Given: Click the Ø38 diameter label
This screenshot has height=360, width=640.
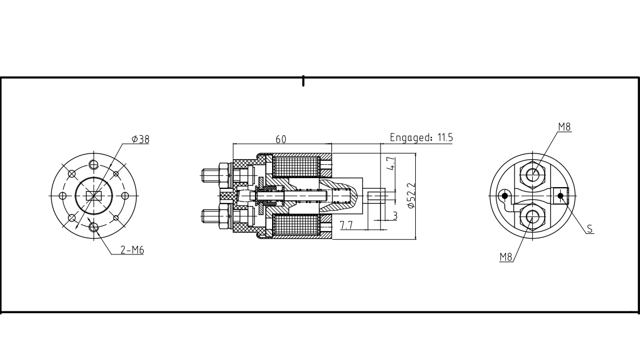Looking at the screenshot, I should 140,139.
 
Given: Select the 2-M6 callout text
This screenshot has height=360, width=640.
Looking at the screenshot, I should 132,249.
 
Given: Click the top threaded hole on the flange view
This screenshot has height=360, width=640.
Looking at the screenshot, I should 94,164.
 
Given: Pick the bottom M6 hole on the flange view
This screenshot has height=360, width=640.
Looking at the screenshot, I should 94,228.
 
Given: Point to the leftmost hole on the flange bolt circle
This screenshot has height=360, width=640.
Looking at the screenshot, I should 63,196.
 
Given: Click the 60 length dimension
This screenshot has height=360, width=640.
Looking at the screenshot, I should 281,139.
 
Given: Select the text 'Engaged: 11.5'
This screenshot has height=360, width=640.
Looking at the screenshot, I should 421,137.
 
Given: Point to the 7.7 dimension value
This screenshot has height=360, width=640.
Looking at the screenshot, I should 346,225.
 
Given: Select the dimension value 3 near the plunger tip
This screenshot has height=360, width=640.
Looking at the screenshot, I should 394,216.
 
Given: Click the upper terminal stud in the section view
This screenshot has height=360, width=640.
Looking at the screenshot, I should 216,173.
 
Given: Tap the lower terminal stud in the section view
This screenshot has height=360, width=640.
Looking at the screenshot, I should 216,217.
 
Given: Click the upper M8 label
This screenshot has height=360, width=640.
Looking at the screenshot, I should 564,127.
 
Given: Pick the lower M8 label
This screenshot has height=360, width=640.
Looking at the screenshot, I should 506,257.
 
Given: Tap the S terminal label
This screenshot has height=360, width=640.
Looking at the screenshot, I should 590,229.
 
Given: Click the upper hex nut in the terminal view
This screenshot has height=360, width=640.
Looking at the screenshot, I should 533,173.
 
